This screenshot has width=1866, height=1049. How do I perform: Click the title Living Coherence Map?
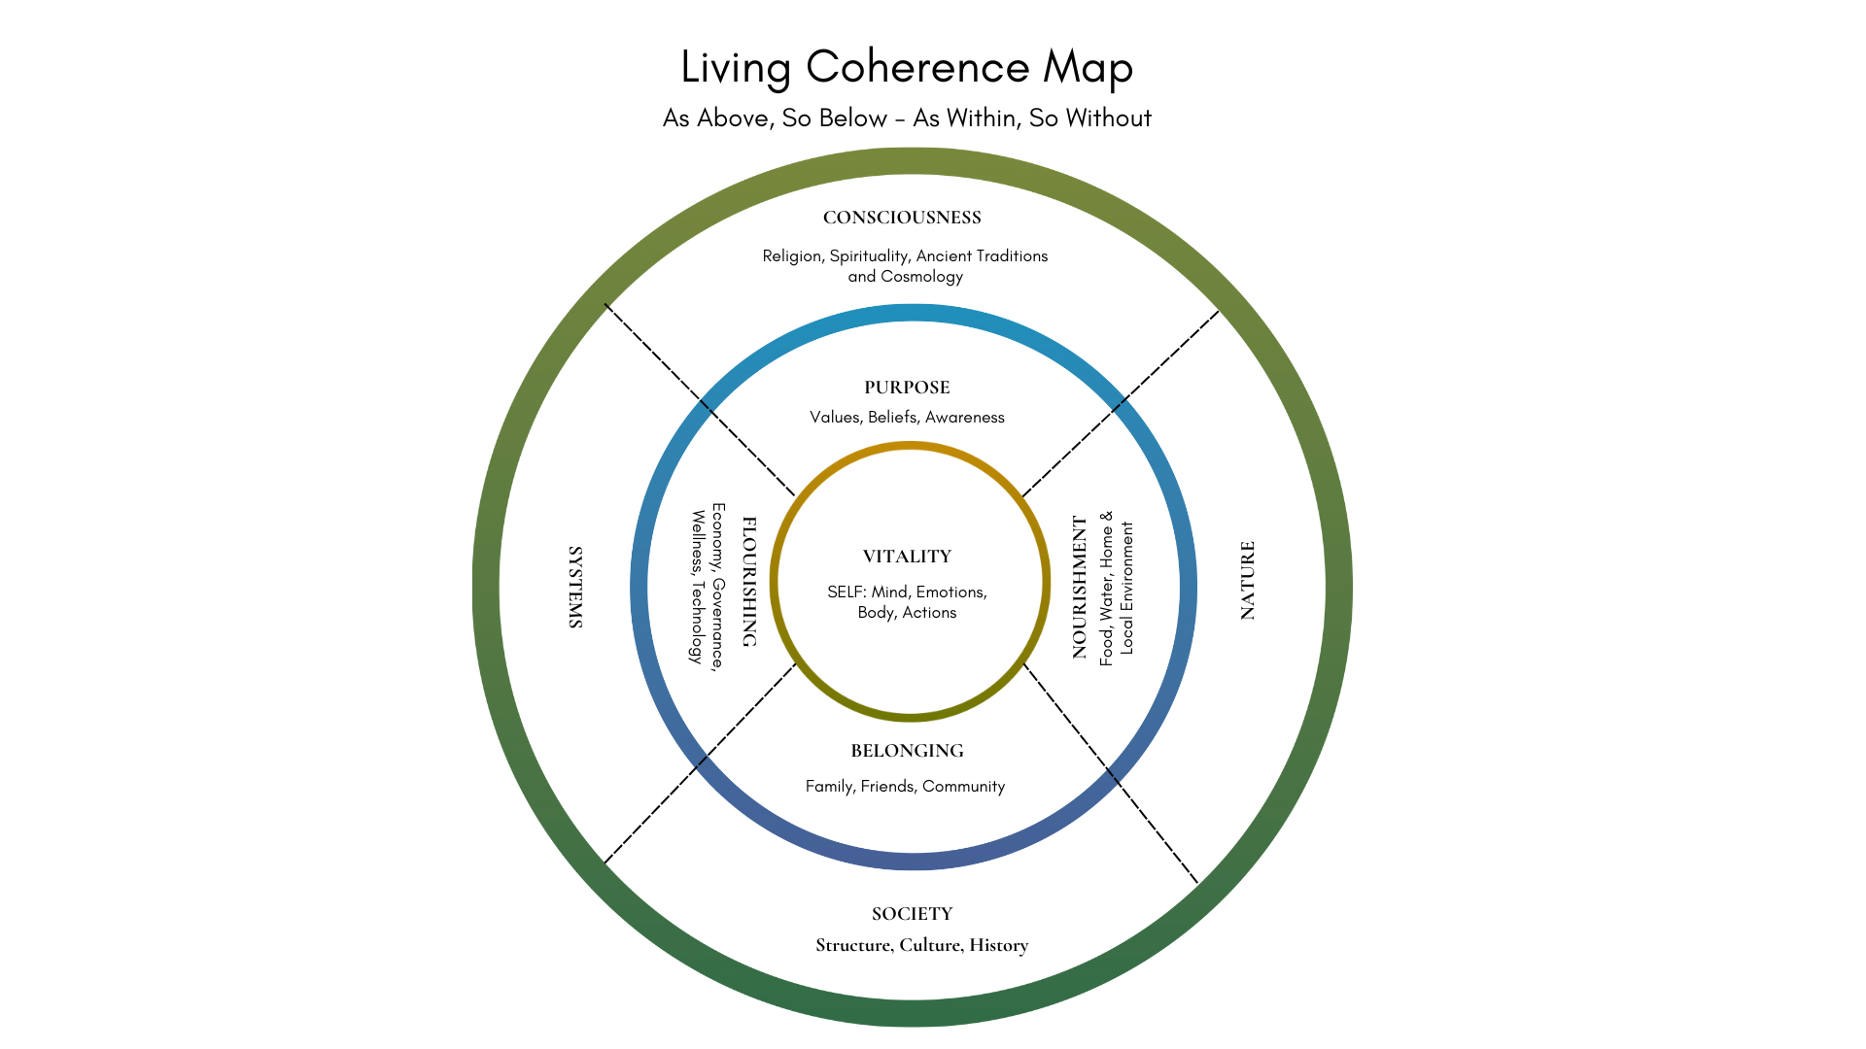tap(907, 68)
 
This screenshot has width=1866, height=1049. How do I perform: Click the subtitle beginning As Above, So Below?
tap(907, 118)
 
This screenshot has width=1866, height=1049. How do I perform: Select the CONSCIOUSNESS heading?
tap(902, 218)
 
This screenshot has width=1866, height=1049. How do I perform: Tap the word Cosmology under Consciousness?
tap(921, 277)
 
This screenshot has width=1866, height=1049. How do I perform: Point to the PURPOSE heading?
tap(907, 388)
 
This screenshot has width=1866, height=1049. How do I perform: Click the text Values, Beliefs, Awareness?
tap(907, 418)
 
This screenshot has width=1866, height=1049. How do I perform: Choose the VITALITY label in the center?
tap(907, 557)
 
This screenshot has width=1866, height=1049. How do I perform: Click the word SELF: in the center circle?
tap(847, 592)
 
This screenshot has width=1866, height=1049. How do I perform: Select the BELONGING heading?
tap(907, 751)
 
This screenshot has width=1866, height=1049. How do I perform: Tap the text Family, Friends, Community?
tap(905, 787)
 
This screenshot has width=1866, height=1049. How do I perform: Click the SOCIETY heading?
tap(912, 914)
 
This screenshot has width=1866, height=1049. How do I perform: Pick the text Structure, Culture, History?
tap(921, 945)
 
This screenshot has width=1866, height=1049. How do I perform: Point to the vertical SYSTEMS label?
tap(575, 587)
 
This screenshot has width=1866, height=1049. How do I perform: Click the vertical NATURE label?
tap(1248, 580)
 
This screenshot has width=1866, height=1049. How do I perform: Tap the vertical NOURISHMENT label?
tap(1080, 587)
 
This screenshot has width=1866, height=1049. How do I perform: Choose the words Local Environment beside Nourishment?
tap(1127, 588)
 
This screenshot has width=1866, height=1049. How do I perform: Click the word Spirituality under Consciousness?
tap(869, 256)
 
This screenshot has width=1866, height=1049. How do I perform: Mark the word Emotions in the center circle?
tap(950, 592)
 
